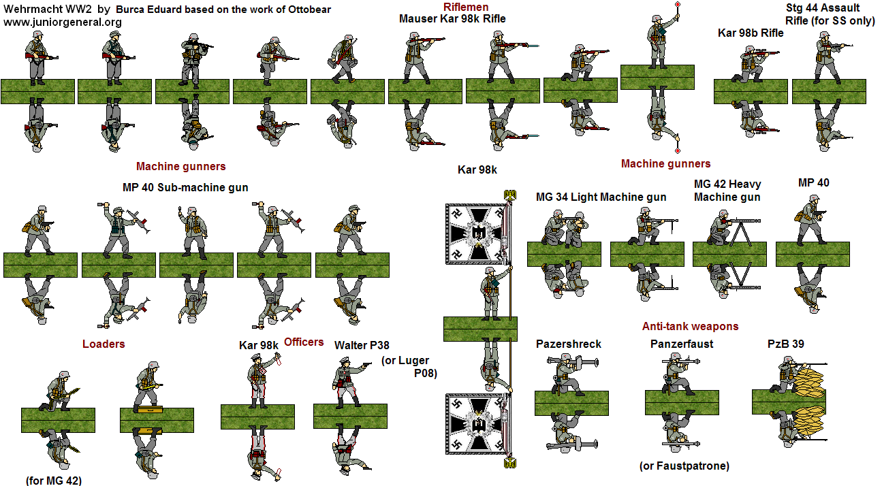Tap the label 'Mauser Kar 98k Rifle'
pos(452,19)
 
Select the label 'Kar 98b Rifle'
pos(751,33)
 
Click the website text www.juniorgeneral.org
pos(63,22)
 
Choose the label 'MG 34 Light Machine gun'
pos(601,197)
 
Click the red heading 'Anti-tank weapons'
pos(690,327)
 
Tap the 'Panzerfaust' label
pos(681,344)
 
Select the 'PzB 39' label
pos(785,344)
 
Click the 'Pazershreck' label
pos(568,344)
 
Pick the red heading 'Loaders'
pos(104,344)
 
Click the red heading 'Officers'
pos(304,342)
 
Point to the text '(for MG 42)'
pos(54,481)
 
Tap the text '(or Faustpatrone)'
pos(684,466)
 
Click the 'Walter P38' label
pos(362,346)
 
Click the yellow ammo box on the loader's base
pos(146,410)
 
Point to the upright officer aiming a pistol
pos(347,381)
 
